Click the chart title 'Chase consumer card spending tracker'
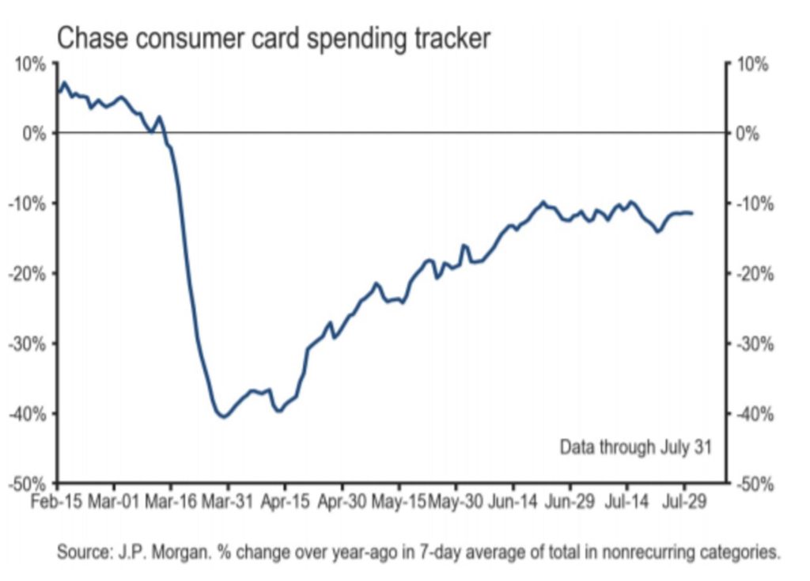(274, 37)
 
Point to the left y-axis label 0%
(32, 133)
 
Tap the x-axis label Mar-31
(228, 502)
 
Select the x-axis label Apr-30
(342, 502)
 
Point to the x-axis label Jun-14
(512, 502)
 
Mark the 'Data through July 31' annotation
(636, 447)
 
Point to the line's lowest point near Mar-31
(224, 416)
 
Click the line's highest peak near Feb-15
(64, 82)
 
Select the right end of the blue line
(692, 213)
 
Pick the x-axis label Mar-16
(172, 502)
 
